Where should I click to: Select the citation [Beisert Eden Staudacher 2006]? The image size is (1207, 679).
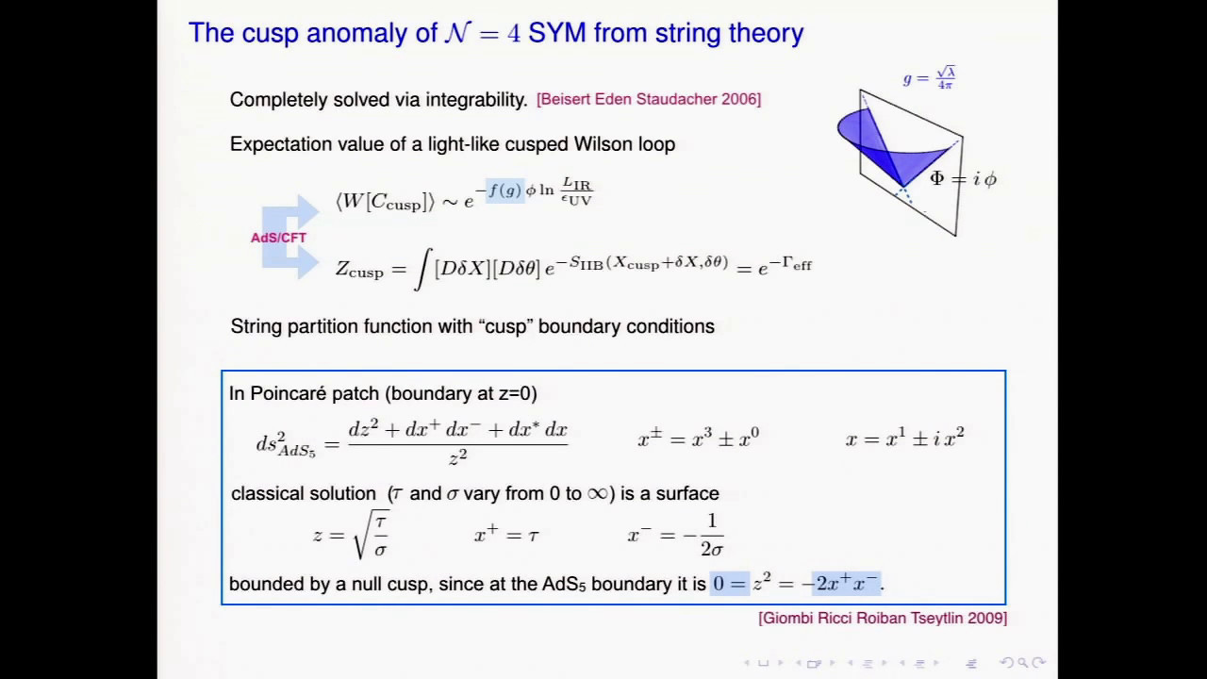(x=649, y=99)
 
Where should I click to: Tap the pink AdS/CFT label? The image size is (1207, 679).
(x=278, y=238)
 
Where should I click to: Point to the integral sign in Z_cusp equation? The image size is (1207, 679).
(x=422, y=270)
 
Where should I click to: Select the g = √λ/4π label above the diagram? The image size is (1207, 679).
(x=930, y=78)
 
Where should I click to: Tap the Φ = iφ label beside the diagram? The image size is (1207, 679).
(x=963, y=178)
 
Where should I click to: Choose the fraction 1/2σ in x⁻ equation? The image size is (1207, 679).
(x=711, y=535)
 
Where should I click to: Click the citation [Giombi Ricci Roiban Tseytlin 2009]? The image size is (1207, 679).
(x=883, y=618)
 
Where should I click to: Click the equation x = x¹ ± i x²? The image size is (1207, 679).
(x=904, y=438)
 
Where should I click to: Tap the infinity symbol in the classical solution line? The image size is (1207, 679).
(x=598, y=493)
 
